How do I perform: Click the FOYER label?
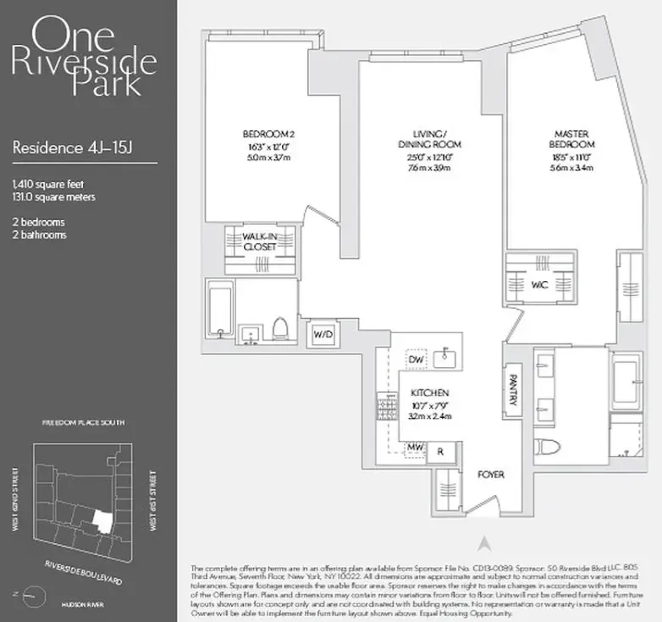click(x=490, y=475)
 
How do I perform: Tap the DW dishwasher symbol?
click(x=413, y=359)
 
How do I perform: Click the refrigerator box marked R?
click(x=439, y=452)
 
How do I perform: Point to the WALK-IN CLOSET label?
click(x=261, y=242)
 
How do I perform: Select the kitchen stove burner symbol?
click(x=382, y=409)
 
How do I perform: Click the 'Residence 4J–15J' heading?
click(x=73, y=147)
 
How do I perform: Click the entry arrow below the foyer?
click(x=483, y=542)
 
